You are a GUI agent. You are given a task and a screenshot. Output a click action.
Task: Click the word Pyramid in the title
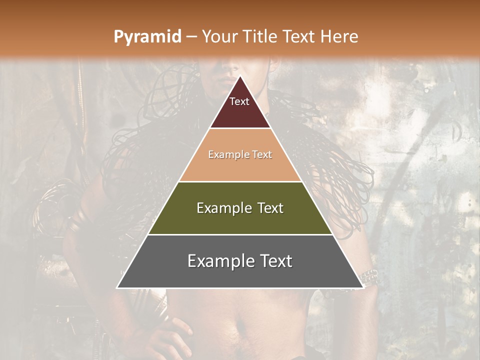pyautogui.click(x=147, y=37)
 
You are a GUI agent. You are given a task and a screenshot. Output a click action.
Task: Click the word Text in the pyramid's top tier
pyautogui.click(x=239, y=101)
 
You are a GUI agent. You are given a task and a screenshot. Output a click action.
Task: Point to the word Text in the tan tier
pyautogui.click(x=262, y=155)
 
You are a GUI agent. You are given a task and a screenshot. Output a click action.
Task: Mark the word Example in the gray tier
pyautogui.click(x=221, y=261)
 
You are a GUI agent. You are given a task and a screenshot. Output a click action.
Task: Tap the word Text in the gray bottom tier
pyautogui.click(x=274, y=261)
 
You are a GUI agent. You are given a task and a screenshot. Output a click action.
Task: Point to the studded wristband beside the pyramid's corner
pyautogui.click(x=369, y=276)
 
